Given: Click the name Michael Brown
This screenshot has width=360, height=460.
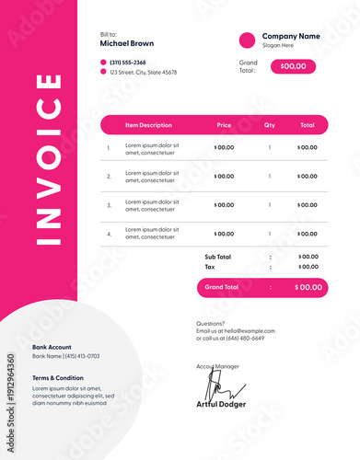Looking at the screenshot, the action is (127, 42).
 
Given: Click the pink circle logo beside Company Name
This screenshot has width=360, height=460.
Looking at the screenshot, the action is (247, 40).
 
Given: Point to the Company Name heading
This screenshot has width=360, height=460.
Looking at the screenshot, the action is (291, 36).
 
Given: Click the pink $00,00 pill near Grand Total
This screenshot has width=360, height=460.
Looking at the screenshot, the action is (293, 66).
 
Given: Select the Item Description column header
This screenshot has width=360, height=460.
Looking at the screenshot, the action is (148, 125).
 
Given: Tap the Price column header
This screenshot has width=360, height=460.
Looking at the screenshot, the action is (224, 125).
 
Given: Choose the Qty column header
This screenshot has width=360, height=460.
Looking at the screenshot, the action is (270, 125).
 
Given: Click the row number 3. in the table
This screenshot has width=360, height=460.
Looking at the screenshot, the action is (109, 205).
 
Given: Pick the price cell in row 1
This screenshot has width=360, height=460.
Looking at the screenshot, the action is (224, 147).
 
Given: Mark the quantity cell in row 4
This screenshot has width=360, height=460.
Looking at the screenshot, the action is (270, 234).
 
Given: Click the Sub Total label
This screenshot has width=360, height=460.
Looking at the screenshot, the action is (217, 257).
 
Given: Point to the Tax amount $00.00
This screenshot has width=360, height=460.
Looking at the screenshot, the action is (308, 267).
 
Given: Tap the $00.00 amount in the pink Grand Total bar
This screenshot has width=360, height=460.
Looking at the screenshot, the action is (308, 287).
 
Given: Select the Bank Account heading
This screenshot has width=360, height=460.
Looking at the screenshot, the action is (53, 347).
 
